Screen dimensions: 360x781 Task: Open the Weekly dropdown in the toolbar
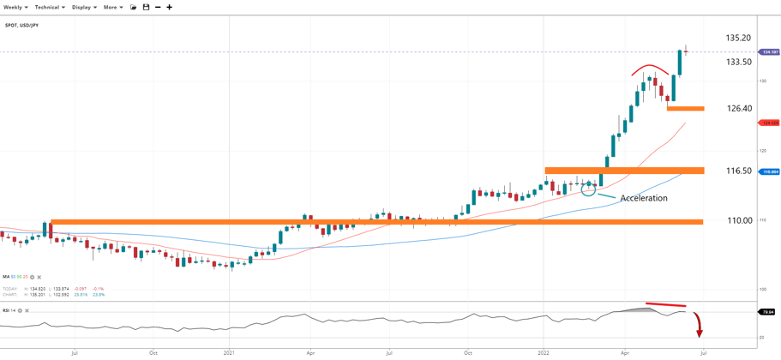(x=15, y=7)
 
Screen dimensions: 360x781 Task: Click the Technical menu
(x=49, y=7)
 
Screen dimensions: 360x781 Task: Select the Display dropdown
(x=83, y=7)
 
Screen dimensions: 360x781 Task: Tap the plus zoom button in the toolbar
(x=170, y=7)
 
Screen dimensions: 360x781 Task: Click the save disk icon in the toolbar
(x=146, y=7)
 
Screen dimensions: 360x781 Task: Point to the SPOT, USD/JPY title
(x=21, y=25)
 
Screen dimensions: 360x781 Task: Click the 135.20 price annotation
(x=738, y=38)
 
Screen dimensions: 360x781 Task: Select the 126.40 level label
(x=738, y=109)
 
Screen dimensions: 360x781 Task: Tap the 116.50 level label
(x=738, y=171)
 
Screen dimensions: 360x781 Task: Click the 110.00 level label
(x=740, y=220)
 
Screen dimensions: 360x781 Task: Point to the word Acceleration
(x=643, y=198)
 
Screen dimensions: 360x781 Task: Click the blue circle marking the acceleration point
(x=588, y=189)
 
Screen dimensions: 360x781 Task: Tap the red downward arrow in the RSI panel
(x=700, y=326)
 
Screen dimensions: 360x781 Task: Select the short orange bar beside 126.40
(x=685, y=109)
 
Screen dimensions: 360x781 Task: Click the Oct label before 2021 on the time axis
(x=153, y=352)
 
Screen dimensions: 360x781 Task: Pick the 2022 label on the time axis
(x=544, y=352)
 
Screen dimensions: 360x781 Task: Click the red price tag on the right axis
(x=770, y=123)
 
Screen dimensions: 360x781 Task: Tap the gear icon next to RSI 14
(x=21, y=310)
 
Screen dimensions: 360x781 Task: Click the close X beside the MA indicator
(x=39, y=277)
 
